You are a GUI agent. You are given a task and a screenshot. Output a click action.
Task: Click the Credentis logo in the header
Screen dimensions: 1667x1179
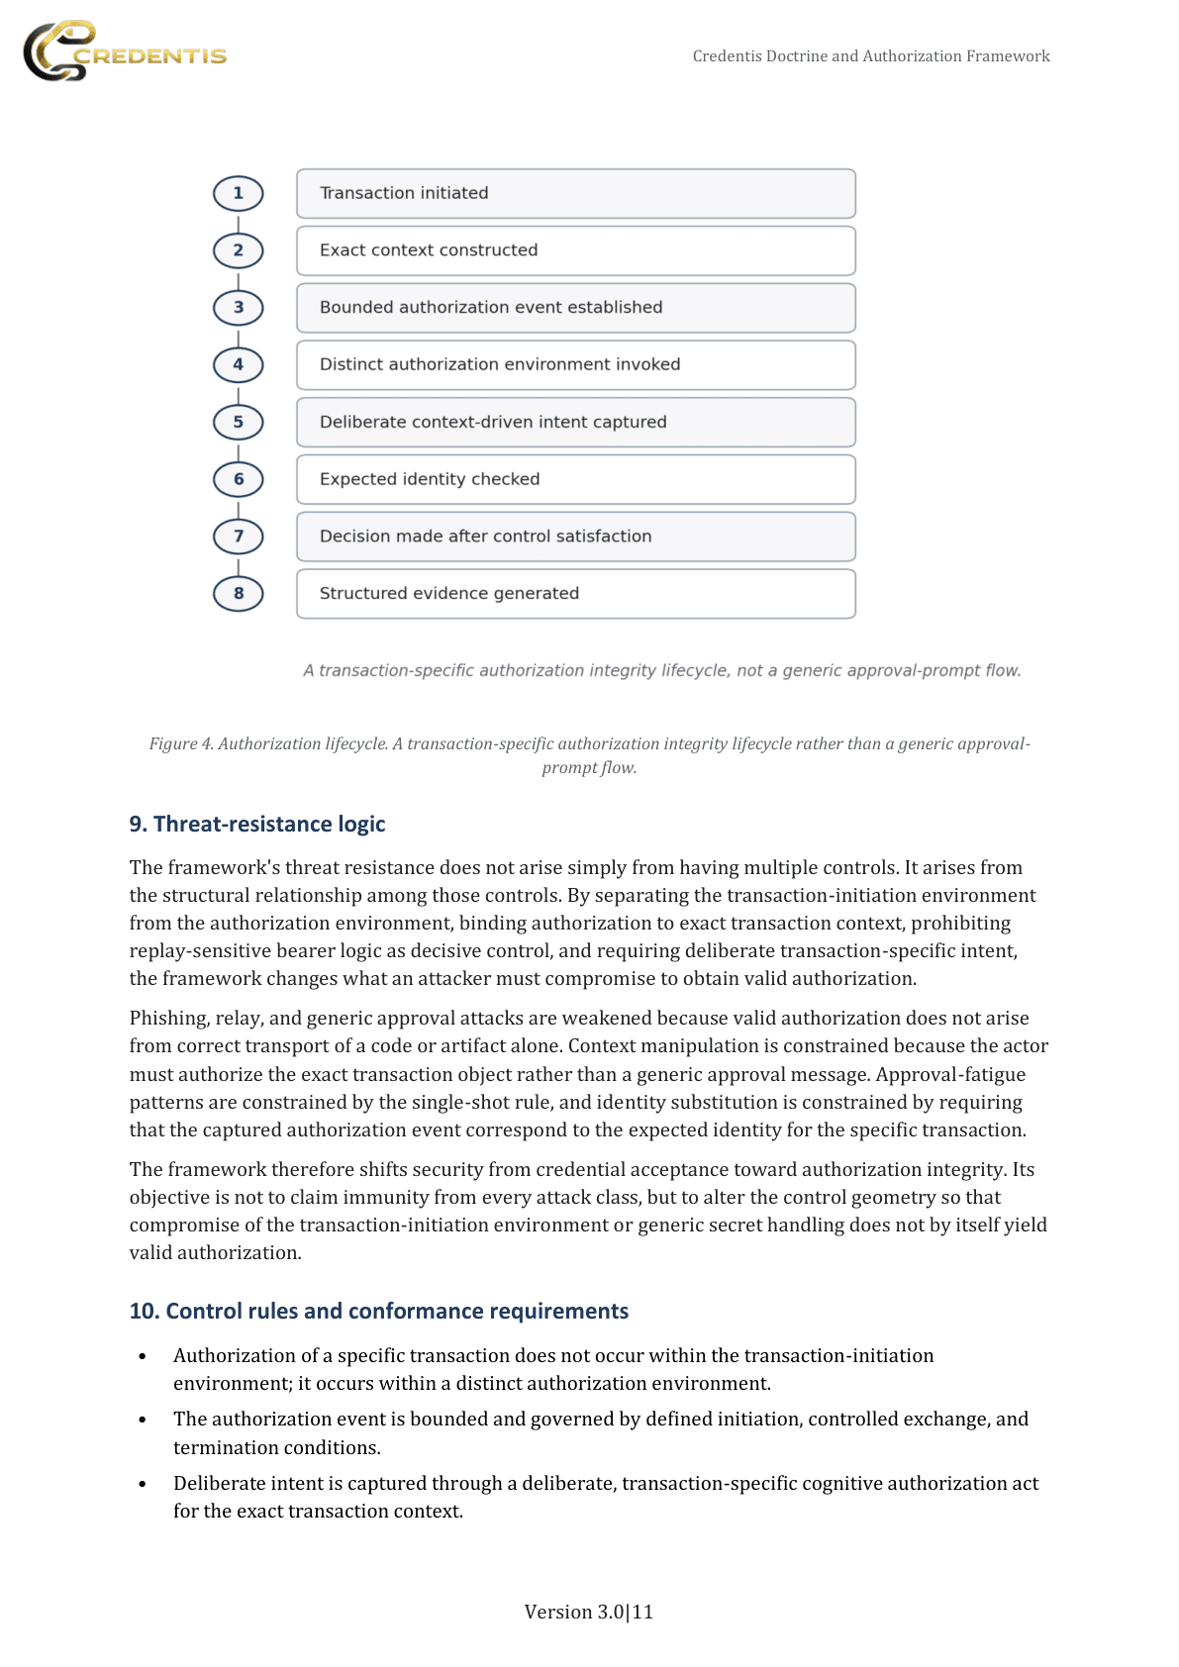coord(124,52)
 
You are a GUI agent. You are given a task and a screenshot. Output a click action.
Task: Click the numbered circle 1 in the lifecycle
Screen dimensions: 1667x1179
coord(239,193)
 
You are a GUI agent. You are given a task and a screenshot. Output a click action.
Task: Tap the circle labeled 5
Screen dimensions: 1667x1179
coord(239,422)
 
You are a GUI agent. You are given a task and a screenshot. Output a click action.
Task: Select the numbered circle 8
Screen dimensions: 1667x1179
coord(239,593)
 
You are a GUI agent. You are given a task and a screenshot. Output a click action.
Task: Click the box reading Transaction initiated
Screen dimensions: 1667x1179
coord(575,193)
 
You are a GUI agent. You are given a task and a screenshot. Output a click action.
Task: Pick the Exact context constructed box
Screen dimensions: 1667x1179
coord(575,250)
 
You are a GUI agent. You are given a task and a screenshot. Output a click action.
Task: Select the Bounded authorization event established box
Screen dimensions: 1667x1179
coord(575,308)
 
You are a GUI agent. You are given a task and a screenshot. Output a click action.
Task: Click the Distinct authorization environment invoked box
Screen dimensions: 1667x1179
coord(575,365)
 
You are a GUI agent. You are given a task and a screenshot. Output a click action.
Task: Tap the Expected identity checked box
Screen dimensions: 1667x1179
coord(575,479)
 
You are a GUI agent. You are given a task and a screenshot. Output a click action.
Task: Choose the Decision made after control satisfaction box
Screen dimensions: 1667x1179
coord(575,537)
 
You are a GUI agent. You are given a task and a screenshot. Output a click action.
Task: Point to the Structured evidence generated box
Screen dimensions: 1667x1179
coord(575,594)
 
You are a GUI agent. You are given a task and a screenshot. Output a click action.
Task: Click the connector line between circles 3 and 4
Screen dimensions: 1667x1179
coord(239,337)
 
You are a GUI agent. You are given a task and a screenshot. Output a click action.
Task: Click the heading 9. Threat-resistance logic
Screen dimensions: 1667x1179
coord(257,824)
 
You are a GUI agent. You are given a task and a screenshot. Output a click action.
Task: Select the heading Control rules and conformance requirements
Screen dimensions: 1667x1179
coord(378,1311)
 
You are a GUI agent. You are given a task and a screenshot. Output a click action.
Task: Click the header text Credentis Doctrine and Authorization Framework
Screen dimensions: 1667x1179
coord(871,56)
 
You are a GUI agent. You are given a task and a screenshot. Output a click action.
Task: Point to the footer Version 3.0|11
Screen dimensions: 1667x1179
coord(588,1612)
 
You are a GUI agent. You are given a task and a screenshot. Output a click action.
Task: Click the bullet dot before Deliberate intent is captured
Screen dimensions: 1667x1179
coord(143,1484)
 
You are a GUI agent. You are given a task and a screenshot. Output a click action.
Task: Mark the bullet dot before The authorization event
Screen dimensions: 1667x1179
coord(143,1420)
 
